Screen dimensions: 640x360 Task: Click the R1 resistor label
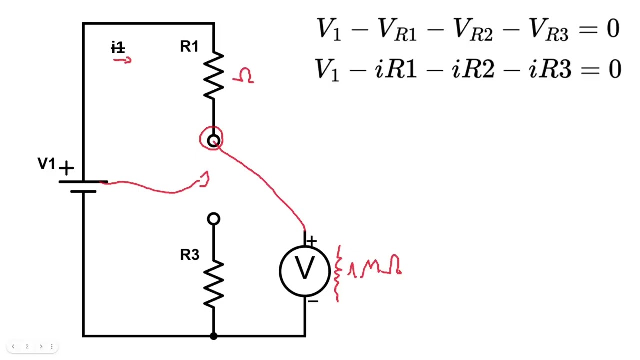point(189,46)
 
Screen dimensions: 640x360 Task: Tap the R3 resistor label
point(190,255)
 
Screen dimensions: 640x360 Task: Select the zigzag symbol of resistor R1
point(213,75)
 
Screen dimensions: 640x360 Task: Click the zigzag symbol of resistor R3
point(213,284)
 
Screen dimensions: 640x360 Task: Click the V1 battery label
point(46,163)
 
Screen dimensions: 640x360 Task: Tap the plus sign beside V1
point(66,168)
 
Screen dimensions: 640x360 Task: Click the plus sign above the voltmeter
point(311,241)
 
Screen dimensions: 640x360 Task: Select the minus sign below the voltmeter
point(313,301)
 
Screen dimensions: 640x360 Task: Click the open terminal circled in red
point(213,141)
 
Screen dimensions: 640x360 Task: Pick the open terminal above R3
point(213,219)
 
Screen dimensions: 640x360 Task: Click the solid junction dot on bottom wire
point(213,336)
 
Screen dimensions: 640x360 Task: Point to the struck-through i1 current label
point(118,47)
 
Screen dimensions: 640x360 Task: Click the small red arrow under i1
point(122,60)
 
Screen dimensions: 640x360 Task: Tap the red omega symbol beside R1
point(243,75)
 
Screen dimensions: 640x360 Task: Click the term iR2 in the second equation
point(473,69)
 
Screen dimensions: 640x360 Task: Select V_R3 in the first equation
point(548,29)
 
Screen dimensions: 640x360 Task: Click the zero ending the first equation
point(613,28)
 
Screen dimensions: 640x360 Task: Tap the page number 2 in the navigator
point(27,346)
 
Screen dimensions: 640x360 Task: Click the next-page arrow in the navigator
point(41,346)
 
